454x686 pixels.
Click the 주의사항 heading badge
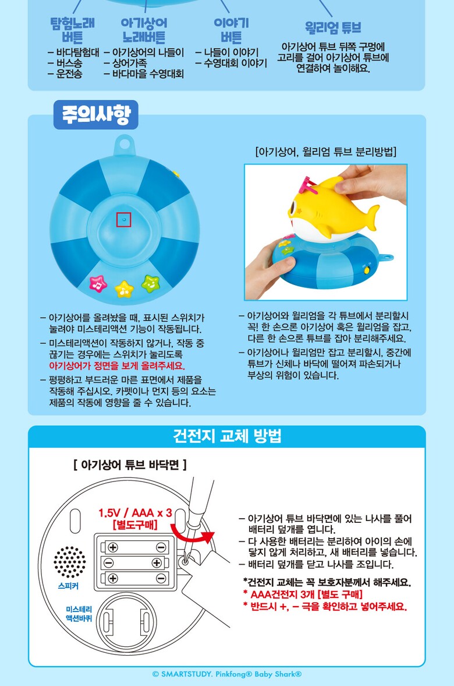tap(95, 115)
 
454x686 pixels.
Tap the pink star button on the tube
tap(98, 284)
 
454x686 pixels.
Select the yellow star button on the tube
tap(124, 289)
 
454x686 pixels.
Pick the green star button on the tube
tap(151, 284)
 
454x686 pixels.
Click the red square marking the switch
tap(123, 219)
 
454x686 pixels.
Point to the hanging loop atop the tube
tap(124, 145)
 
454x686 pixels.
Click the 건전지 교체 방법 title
tap(227, 436)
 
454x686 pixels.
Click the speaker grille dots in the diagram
tap(69, 562)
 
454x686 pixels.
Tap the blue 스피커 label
tap(68, 586)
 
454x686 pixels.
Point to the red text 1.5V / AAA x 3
tap(135, 513)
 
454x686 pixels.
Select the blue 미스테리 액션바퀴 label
tap(79, 614)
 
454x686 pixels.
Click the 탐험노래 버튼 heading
tap(73, 30)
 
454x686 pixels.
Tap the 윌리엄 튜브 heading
tap(333, 27)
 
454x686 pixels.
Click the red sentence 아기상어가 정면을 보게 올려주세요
tap(117, 366)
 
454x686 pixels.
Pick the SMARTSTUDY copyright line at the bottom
tap(227, 674)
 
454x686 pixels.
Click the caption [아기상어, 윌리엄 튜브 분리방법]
tap(326, 152)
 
